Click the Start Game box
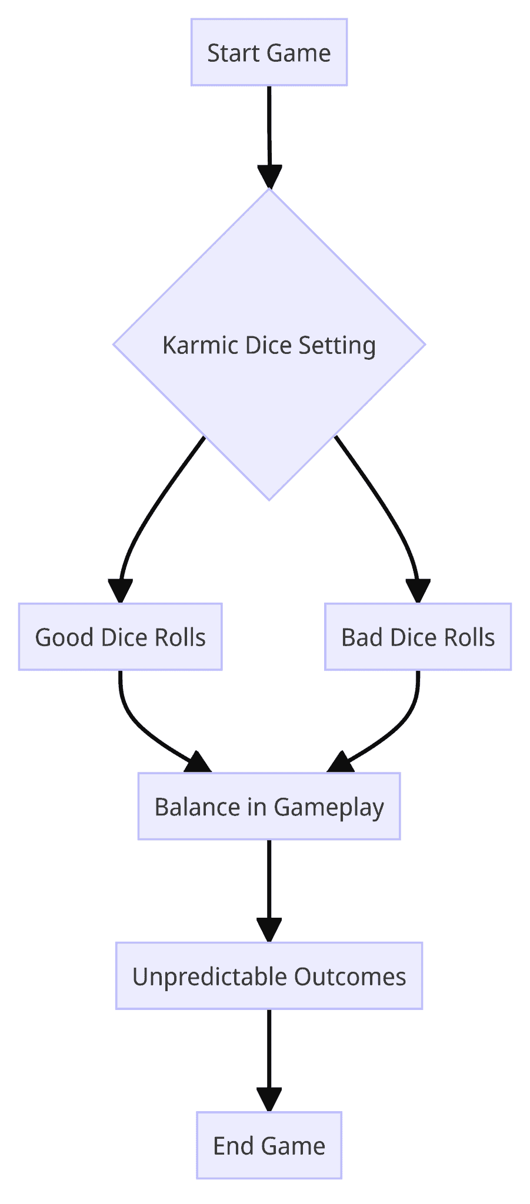click(x=269, y=52)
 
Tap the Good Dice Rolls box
click(x=120, y=637)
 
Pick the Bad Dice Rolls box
click(x=418, y=637)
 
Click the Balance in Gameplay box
click(x=269, y=806)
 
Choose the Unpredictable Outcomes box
click(x=269, y=976)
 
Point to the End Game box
click(x=269, y=1145)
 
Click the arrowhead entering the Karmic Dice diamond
click(x=269, y=176)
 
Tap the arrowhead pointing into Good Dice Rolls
click(x=120, y=591)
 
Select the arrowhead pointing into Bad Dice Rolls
click(x=418, y=591)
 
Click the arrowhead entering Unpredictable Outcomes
click(x=269, y=930)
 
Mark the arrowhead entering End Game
click(x=269, y=1099)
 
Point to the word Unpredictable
click(x=210, y=976)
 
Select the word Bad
click(x=362, y=637)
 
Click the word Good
click(x=65, y=637)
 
